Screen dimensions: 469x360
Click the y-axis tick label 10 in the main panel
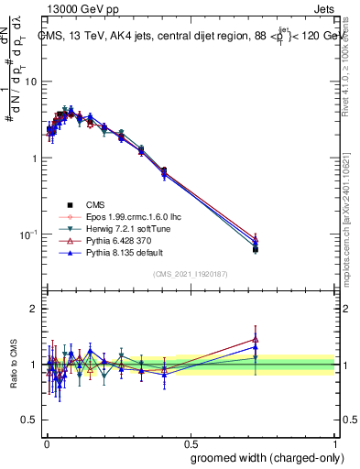(x=31, y=82)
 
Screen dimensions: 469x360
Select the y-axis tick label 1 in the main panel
(x=34, y=158)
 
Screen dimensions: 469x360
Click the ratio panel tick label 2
(x=34, y=310)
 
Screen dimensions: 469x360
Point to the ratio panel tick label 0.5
(x=29, y=420)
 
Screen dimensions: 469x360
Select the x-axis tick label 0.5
(x=190, y=442)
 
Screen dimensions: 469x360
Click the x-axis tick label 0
(x=46, y=442)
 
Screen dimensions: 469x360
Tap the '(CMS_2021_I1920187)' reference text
(x=191, y=274)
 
